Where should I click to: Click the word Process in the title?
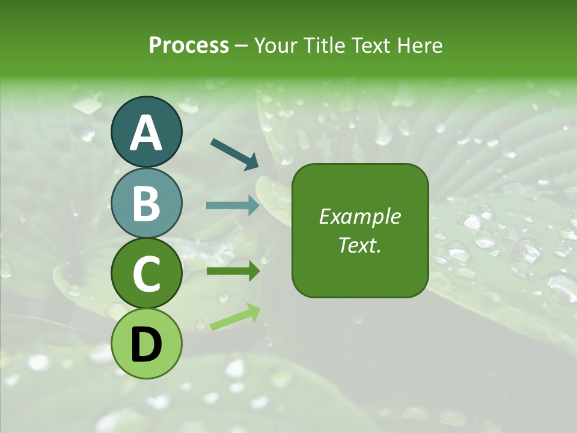(189, 45)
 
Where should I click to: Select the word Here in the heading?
(421, 45)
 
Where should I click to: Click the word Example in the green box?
(360, 216)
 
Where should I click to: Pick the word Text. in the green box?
(360, 245)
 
